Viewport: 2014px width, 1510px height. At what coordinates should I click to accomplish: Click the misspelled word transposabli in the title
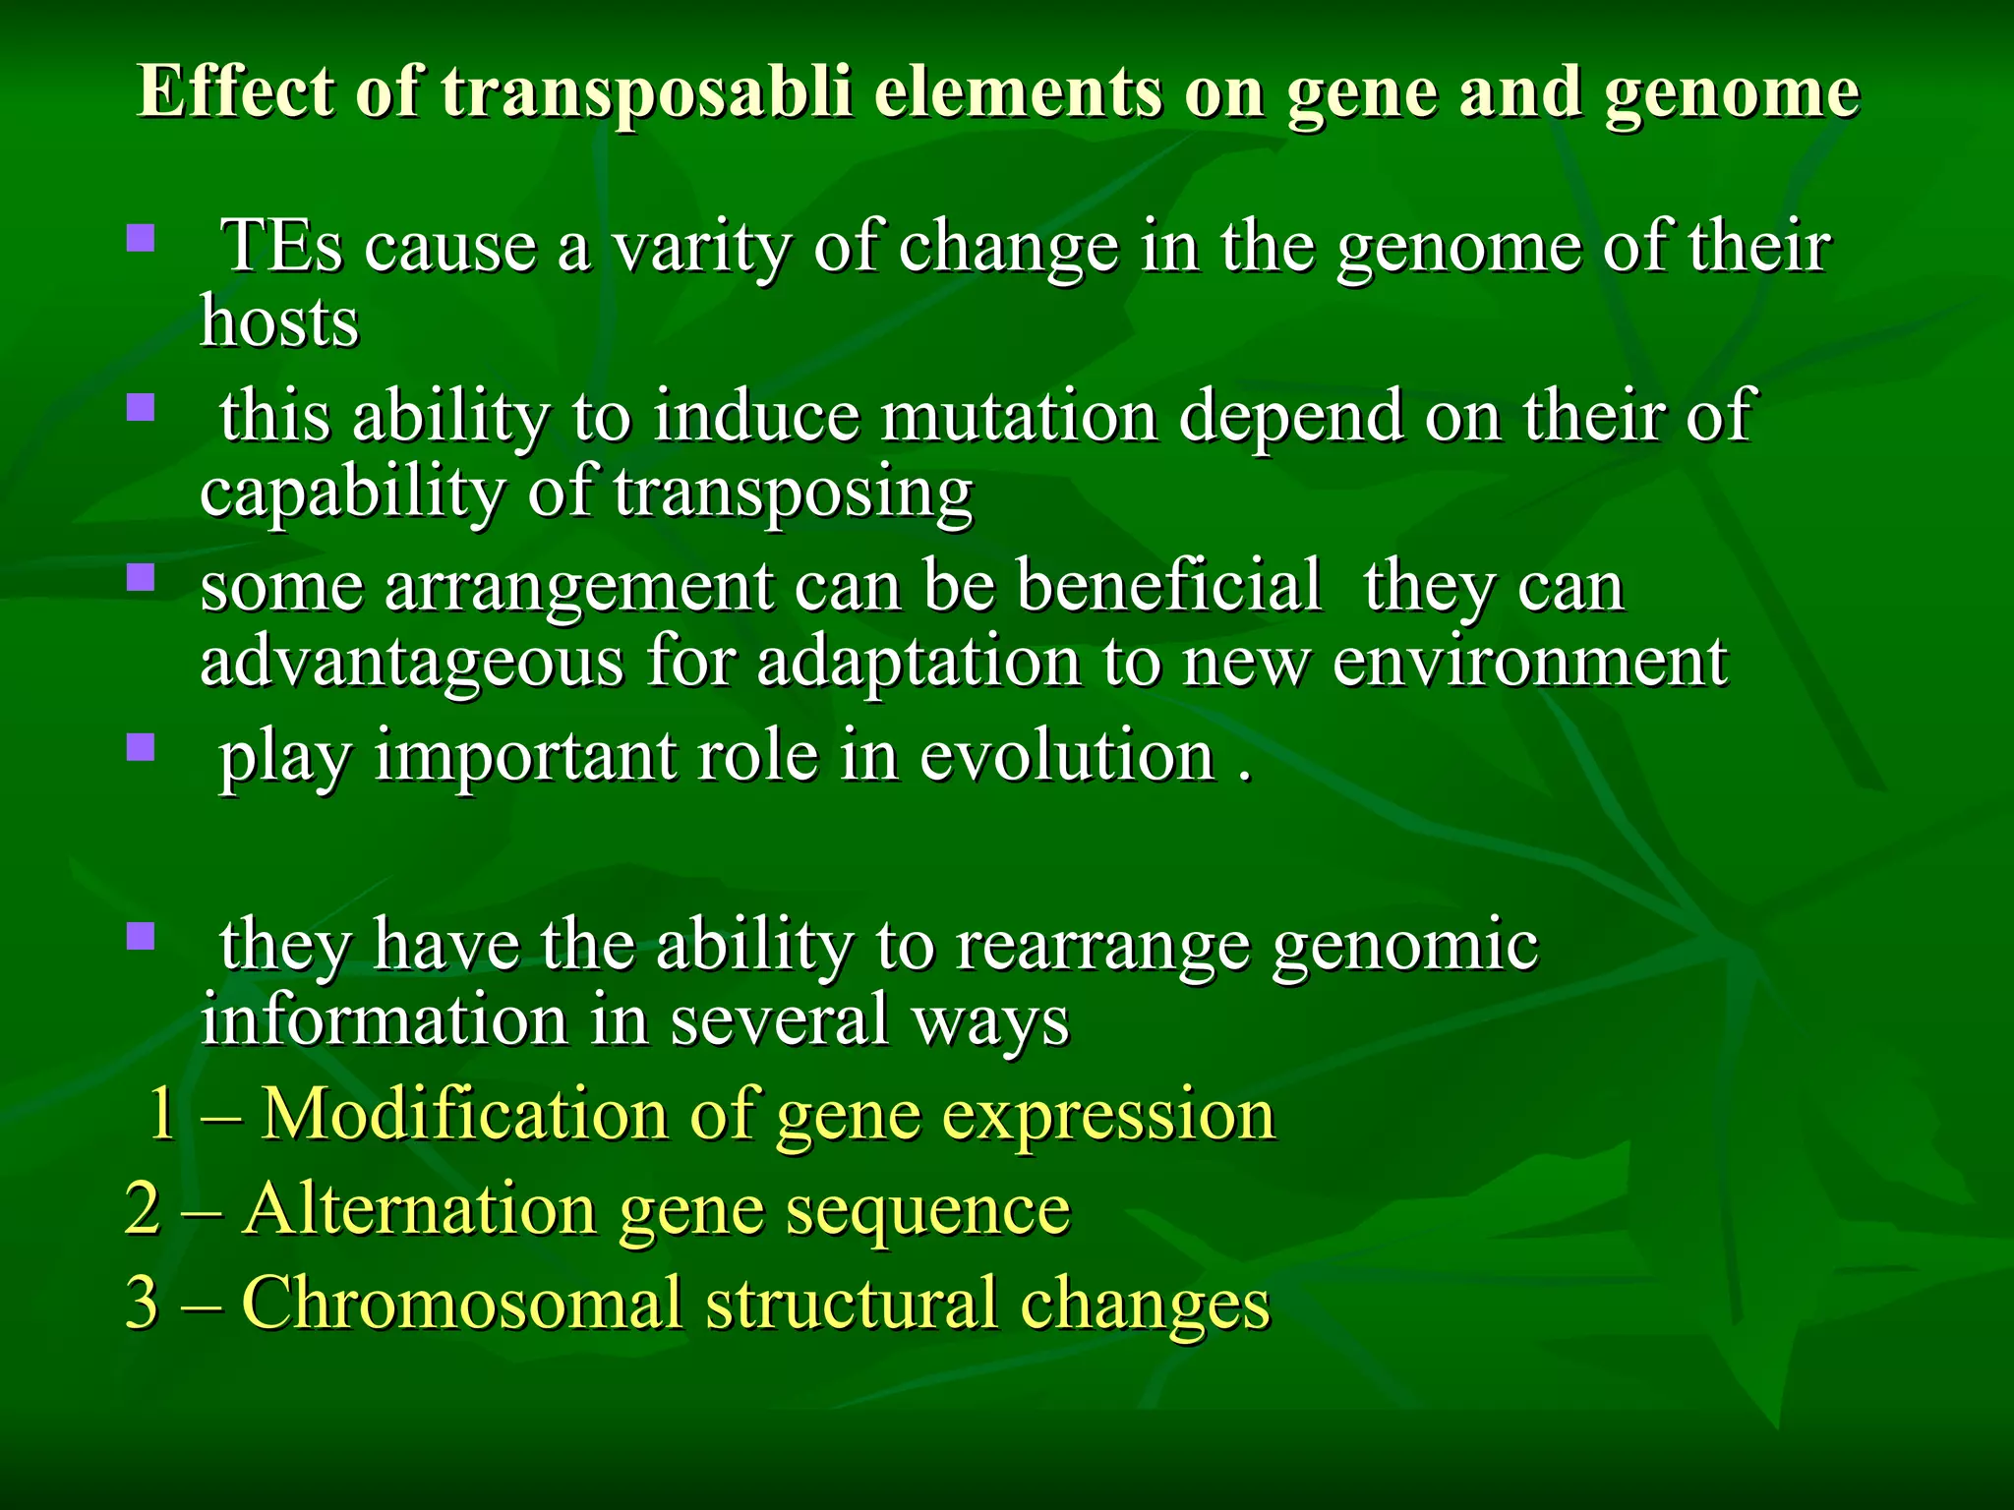(x=645, y=93)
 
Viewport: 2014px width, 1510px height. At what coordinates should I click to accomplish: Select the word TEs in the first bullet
(x=282, y=246)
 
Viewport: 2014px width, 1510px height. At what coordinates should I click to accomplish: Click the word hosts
(x=280, y=321)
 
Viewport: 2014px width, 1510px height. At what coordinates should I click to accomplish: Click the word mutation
(x=1019, y=416)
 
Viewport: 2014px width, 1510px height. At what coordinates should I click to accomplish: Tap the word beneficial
(x=1168, y=586)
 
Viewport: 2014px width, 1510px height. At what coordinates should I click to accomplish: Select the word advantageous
(x=412, y=662)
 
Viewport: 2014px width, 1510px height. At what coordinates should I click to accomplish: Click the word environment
(x=1529, y=662)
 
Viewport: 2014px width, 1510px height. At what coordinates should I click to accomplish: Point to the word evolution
(x=1067, y=756)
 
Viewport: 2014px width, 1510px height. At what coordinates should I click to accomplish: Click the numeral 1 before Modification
(x=161, y=1115)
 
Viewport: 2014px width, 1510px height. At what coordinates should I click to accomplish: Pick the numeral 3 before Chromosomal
(x=143, y=1303)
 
